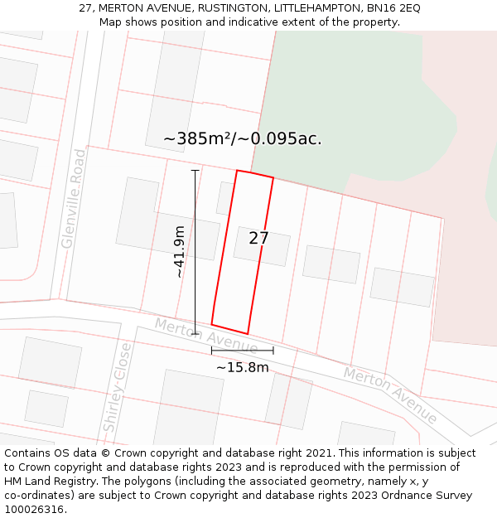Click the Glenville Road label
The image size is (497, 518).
tap(74, 199)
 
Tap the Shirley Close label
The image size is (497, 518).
tap(117, 387)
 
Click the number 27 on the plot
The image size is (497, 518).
tap(258, 238)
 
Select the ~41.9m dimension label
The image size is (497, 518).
tap(180, 252)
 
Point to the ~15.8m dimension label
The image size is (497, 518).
tap(242, 367)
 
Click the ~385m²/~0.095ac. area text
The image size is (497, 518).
tap(243, 139)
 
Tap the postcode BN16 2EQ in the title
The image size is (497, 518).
tap(393, 8)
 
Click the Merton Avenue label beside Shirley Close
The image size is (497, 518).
tap(205, 335)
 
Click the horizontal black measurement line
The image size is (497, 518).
tap(242, 351)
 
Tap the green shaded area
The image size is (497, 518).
tap(348, 108)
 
